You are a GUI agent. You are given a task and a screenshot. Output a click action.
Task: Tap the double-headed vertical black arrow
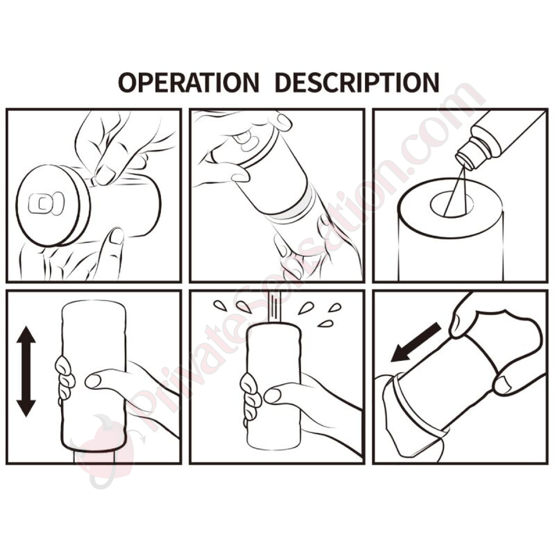(x=26, y=371)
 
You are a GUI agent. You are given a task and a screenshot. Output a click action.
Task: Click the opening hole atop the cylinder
(x=451, y=205)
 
